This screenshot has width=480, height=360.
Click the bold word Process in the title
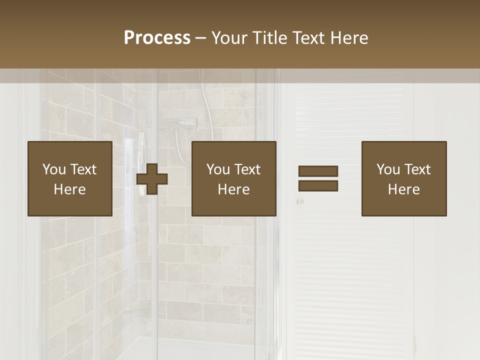coord(157,38)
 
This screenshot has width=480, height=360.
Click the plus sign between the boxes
coord(152,179)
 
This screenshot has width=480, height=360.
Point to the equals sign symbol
coord(318,178)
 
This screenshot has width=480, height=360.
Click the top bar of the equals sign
coord(318,171)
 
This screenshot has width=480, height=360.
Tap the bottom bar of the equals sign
coord(318,186)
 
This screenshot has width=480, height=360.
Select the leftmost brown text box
coord(70,178)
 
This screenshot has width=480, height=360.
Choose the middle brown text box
coord(233,178)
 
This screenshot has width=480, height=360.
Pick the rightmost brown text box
coord(403,178)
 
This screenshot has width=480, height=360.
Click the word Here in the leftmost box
coord(70,189)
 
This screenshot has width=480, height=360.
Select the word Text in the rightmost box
coord(417,169)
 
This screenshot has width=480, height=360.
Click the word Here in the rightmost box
coord(403,189)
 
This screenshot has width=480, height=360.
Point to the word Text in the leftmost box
coord(83,169)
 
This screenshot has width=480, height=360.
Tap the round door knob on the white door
coord(300,202)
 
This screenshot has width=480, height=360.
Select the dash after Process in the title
coord(200,38)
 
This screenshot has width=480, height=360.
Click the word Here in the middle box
coord(233,189)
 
